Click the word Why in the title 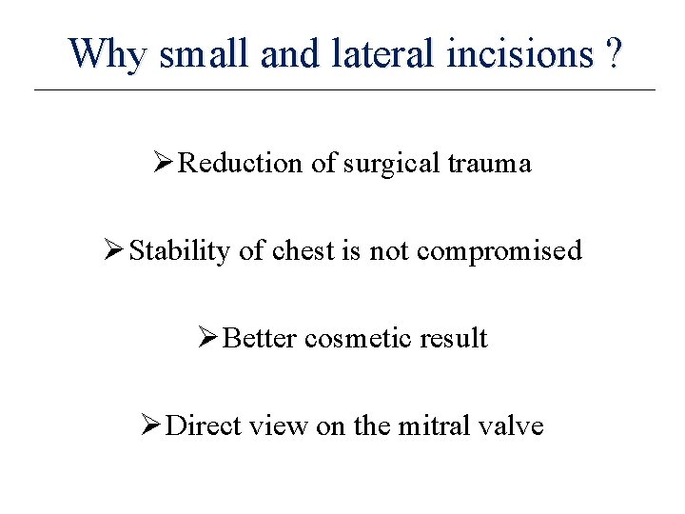[108, 54]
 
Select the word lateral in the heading [379, 54]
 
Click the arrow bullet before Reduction [164, 164]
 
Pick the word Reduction [242, 164]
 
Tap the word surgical [386, 164]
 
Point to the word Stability [180, 251]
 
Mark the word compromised [499, 251]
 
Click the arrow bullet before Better [207, 339]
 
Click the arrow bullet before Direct [150, 425]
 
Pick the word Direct [204, 425]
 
